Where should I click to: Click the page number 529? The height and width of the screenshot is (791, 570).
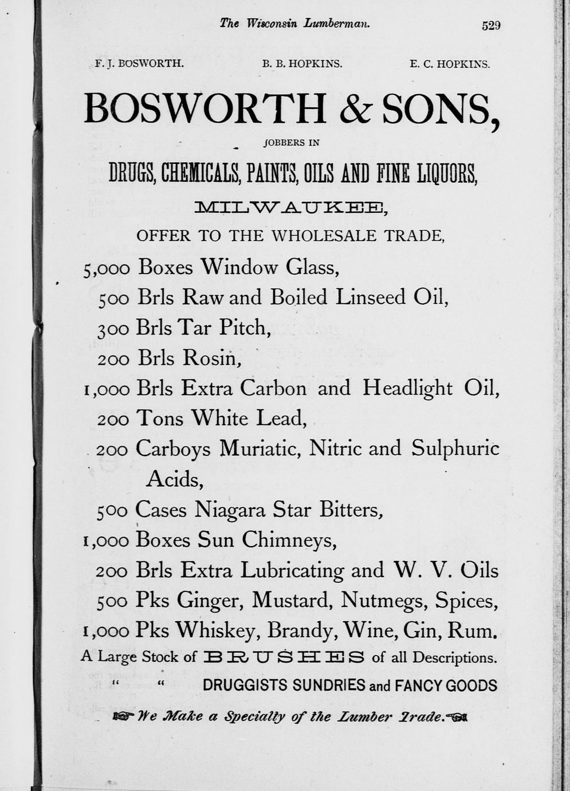[x=491, y=25]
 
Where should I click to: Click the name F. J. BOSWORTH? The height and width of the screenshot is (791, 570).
[x=139, y=64]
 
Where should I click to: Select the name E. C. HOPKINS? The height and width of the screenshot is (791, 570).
[x=449, y=64]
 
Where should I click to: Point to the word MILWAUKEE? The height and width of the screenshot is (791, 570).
[x=290, y=208]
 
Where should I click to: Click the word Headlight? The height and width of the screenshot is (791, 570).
[x=407, y=388]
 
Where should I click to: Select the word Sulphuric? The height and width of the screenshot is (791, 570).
[x=455, y=449]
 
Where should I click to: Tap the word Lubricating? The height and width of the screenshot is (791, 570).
[x=292, y=570]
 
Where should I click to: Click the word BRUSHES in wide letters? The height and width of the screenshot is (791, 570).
[x=284, y=657]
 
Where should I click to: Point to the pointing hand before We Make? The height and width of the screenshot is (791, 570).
[x=123, y=716]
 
